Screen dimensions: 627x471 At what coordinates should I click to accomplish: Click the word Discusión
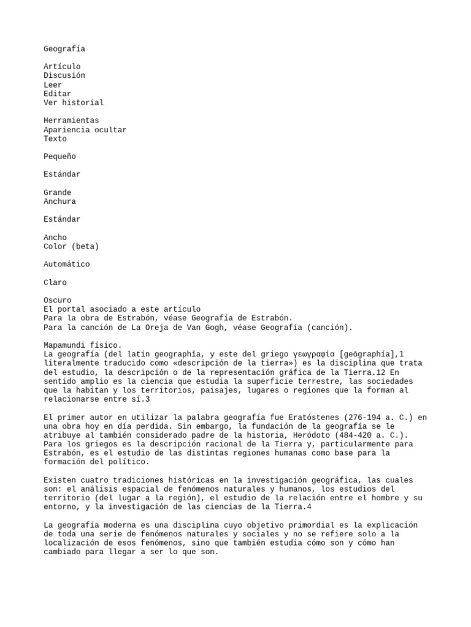tap(64, 75)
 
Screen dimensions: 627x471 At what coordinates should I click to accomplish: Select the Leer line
tap(53, 84)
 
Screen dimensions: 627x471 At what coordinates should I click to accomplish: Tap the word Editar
tap(57, 94)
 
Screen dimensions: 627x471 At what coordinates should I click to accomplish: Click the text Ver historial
tap(74, 102)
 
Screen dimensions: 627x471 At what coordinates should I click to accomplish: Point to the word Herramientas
tap(71, 121)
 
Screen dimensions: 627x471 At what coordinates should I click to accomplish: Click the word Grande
tap(57, 192)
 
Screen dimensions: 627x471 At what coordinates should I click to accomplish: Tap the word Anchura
tap(59, 201)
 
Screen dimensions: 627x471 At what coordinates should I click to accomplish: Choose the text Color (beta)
tap(71, 246)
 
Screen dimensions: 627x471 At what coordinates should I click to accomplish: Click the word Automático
tap(66, 265)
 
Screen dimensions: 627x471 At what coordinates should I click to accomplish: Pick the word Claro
tap(55, 282)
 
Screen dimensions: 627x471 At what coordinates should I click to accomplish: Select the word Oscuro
tap(57, 301)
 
